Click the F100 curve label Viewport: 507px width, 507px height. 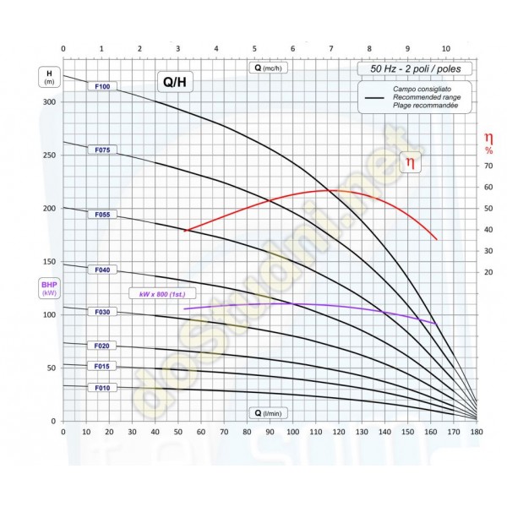(x=103, y=86)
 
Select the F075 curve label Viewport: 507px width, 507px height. (x=103, y=150)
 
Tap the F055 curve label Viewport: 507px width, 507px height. (x=103, y=215)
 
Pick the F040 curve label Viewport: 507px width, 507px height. (x=103, y=270)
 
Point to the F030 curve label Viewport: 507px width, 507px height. (x=103, y=312)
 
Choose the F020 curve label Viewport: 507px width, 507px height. (x=103, y=346)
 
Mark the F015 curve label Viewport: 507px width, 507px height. (x=103, y=366)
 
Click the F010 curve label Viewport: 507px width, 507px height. (x=103, y=388)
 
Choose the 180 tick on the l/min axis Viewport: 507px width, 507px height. (x=476, y=432)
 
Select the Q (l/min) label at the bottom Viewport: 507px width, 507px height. (x=270, y=413)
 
